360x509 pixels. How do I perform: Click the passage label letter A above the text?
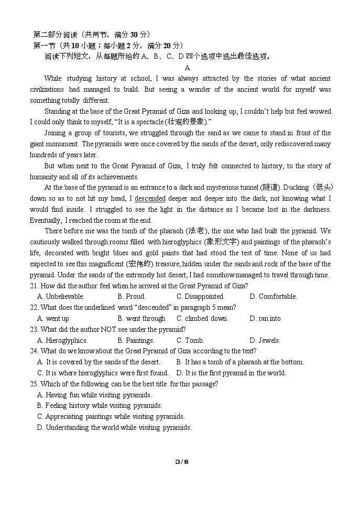(187, 68)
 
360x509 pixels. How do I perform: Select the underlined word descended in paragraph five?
(150, 199)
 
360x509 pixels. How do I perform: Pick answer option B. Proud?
(131, 297)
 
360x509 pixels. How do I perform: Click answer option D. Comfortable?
(273, 297)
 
